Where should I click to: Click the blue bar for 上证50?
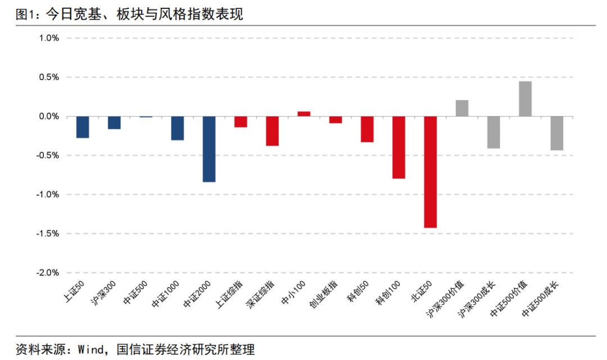point(83,127)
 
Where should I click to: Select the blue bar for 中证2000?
point(209,149)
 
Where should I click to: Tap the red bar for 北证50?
point(431,172)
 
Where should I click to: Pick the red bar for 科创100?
point(399,147)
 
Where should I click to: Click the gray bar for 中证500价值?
point(526,99)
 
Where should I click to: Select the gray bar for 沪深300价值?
point(462,108)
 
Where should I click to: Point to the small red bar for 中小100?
point(304,113)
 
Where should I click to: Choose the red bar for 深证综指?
point(273,131)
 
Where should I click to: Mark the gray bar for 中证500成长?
point(557,133)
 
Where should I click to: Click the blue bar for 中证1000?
point(178,128)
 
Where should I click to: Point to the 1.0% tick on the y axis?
point(49,38)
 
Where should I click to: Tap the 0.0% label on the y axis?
point(49,116)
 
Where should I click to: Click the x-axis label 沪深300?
point(104,294)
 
